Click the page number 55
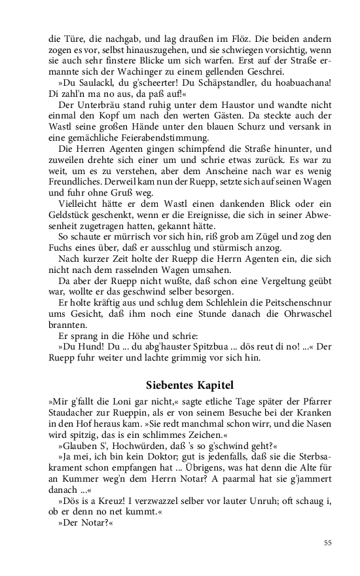pos(327,543)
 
